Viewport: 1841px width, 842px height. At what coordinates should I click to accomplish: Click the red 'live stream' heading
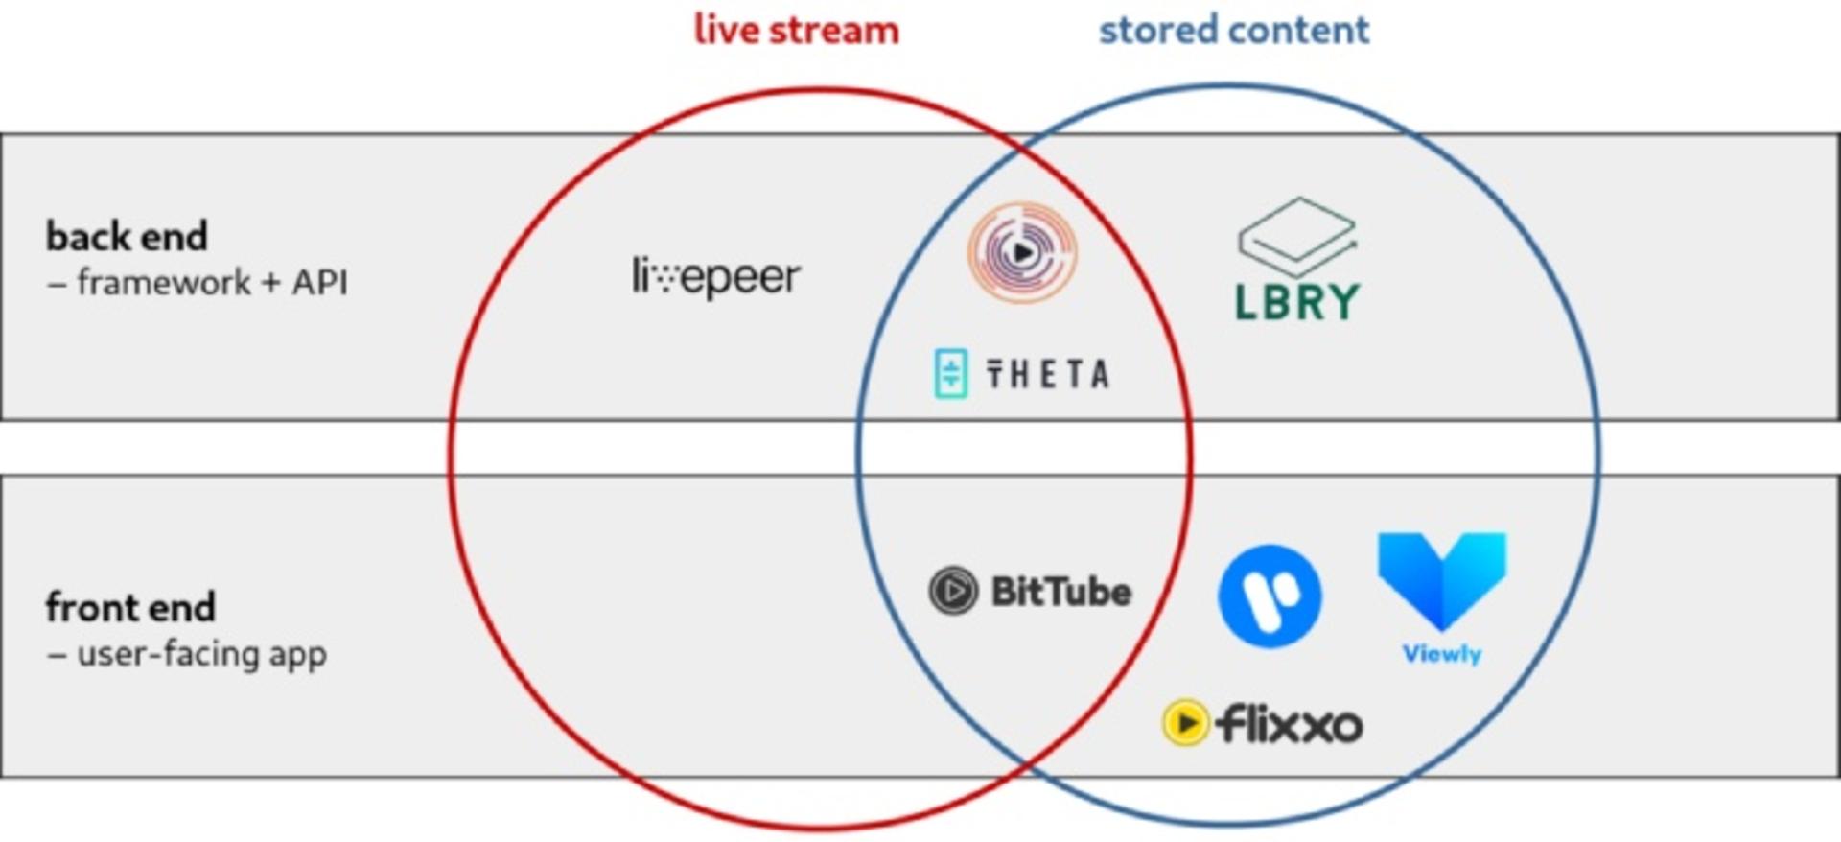pyautogui.click(x=797, y=29)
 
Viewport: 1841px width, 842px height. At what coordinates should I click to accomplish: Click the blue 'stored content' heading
pyautogui.click(x=1234, y=30)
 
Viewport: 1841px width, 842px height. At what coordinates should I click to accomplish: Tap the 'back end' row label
pyautogui.click(x=127, y=236)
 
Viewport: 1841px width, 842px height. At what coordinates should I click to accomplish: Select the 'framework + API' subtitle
pyautogui.click(x=212, y=282)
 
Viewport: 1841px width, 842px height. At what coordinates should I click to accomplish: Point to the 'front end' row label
pyautogui.click(x=130, y=607)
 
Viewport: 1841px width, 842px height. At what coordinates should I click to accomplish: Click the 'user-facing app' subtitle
pyautogui.click(x=201, y=654)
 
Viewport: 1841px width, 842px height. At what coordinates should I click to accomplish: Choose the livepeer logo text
pyautogui.click(x=716, y=277)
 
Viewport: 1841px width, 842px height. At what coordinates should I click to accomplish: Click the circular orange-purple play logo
pyautogui.click(x=1022, y=252)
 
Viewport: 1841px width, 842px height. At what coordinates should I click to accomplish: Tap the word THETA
pyautogui.click(x=1048, y=374)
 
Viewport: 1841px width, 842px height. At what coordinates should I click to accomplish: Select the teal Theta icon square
pyautogui.click(x=951, y=374)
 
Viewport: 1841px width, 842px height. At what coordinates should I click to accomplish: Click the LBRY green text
pyautogui.click(x=1296, y=302)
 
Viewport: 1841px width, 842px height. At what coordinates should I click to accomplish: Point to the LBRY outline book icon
pyautogui.click(x=1296, y=236)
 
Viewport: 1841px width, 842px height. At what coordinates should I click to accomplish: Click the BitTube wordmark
pyautogui.click(x=1061, y=591)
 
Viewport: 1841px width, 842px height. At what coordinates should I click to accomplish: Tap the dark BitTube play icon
pyautogui.click(x=953, y=591)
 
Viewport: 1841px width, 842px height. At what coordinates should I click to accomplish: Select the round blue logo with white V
pyautogui.click(x=1270, y=596)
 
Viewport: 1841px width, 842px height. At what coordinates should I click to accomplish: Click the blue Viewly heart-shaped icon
pyautogui.click(x=1442, y=580)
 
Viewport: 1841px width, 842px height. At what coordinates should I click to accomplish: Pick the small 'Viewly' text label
pyautogui.click(x=1442, y=654)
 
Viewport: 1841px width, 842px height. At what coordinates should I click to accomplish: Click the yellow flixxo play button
pyautogui.click(x=1185, y=722)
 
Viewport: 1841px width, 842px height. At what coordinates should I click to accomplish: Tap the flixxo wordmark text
pyautogui.click(x=1289, y=723)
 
